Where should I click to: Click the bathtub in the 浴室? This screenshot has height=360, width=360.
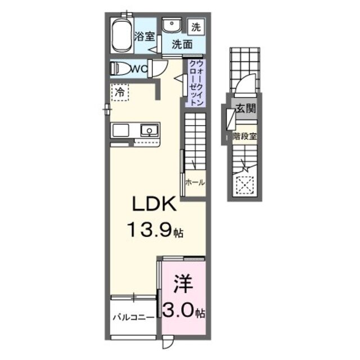tap(121, 35)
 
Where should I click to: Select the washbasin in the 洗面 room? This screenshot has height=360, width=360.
tap(170, 26)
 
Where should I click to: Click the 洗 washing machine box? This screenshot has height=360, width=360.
tap(195, 25)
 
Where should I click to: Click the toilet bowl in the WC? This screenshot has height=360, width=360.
tap(120, 69)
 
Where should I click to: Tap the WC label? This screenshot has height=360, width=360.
tap(138, 69)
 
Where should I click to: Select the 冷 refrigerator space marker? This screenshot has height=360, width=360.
tap(120, 92)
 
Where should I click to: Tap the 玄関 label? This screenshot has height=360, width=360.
tap(246, 109)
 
